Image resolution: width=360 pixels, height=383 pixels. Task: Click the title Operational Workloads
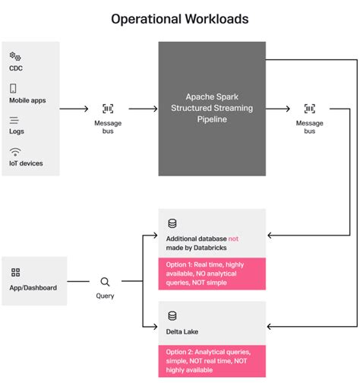pyautogui.click(x=180, y=17)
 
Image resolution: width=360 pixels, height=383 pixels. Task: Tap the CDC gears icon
pyautogui.click(x=14, y=56)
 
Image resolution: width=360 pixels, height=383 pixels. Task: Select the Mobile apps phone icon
pyautogui.click(x=14, y=89)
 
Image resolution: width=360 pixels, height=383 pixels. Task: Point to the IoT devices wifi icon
pyautogui.click(x=14, y=152)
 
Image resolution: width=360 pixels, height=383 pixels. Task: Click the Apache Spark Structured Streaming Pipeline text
pyautogui.click(x=212, y=108)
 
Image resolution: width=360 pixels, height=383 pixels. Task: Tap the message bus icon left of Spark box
pyautogui.click(x=107, y=109)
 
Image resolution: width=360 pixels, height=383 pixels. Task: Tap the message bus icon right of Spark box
pyautogui.click(x=309, y=109)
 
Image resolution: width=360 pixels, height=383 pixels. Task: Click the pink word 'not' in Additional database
pyautogui.click(x=245, y=239)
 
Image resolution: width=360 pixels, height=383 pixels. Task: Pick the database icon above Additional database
pyautogui.click(x=172, y=224)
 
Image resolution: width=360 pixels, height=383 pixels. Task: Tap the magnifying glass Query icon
pyautogui.click(x=105, y=281)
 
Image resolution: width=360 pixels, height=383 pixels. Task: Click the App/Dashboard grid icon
pyautogui.click(x=15, y=272)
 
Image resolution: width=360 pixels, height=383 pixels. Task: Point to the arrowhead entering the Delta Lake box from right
pyautogui.click(x=270, y=327)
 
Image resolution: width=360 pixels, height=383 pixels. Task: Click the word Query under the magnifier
pyautogui.click(x=105, y=296)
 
